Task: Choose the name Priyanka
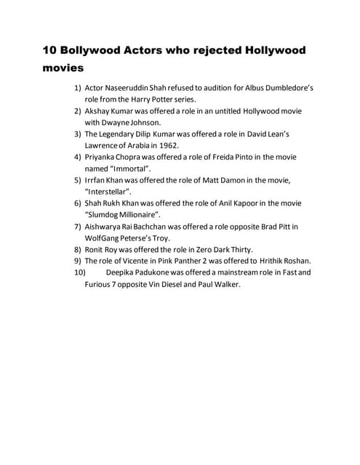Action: coord(104,157)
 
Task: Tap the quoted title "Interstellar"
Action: coord(113,192)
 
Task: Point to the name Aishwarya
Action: coord(107,227)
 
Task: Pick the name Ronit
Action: coord(97,250)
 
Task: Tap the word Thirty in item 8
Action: coord(239,250)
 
